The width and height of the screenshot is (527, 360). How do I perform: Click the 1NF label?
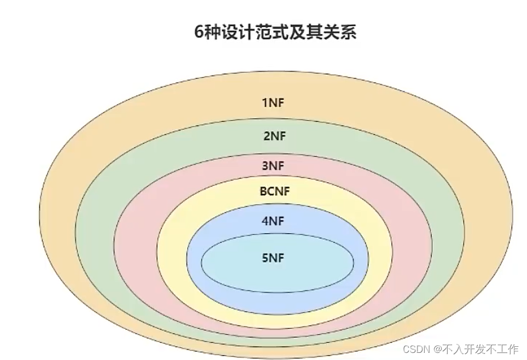(x=273, y=102)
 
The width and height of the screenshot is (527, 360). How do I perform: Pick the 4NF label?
(x=273, y=222)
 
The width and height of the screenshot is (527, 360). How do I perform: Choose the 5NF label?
(x=273, y=258)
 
